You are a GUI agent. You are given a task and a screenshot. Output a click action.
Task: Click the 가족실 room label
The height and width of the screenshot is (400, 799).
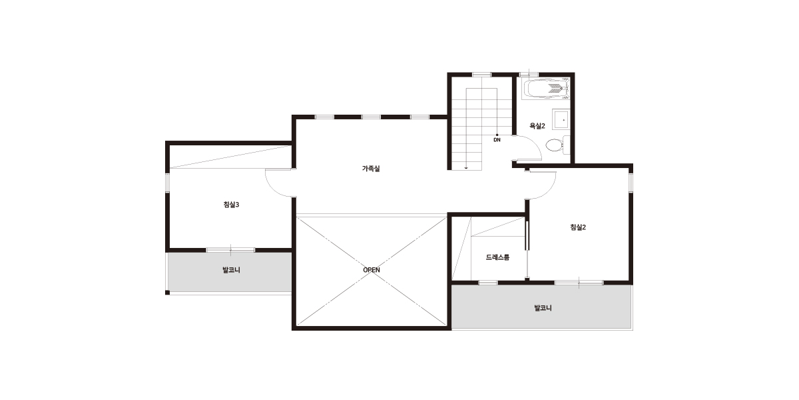click(371, 169)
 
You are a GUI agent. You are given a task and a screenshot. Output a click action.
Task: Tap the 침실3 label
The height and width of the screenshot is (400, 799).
click(231, 205)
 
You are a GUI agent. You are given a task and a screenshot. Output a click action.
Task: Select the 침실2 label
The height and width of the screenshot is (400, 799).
click(578, 227)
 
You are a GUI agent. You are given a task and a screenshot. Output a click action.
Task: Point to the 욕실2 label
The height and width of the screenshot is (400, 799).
click(537, 126)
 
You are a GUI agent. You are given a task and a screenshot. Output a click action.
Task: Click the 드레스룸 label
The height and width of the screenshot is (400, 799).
click(497, 257)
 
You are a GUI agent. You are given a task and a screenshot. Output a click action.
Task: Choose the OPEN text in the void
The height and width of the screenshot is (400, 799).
click(372, 270)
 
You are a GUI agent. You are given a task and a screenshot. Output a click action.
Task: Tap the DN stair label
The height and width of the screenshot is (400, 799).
click(497, 140)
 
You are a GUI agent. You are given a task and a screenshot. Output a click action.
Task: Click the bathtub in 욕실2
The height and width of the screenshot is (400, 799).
click(546, 89)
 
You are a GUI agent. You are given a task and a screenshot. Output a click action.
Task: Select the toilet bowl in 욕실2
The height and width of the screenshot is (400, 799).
click(555, 145)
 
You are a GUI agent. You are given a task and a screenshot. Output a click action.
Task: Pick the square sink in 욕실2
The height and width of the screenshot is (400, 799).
click(561, 119)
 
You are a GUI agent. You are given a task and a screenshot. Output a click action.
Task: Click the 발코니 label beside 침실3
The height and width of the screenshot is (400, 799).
click(231, 270)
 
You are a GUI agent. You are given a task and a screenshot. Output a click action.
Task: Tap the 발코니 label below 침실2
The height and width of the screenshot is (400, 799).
click(543, 308)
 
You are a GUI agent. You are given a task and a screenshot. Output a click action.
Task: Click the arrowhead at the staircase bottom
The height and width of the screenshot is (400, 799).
click(466, 167)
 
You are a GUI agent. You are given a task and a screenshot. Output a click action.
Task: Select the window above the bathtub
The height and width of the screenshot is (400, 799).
click(529, 75)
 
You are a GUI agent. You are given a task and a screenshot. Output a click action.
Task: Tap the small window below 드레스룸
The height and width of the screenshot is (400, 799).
click(487, 283)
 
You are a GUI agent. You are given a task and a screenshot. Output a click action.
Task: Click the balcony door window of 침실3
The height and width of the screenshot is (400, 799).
click(230, 250)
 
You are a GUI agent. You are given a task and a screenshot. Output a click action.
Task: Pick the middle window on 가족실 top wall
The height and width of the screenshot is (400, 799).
click(372, 117)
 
